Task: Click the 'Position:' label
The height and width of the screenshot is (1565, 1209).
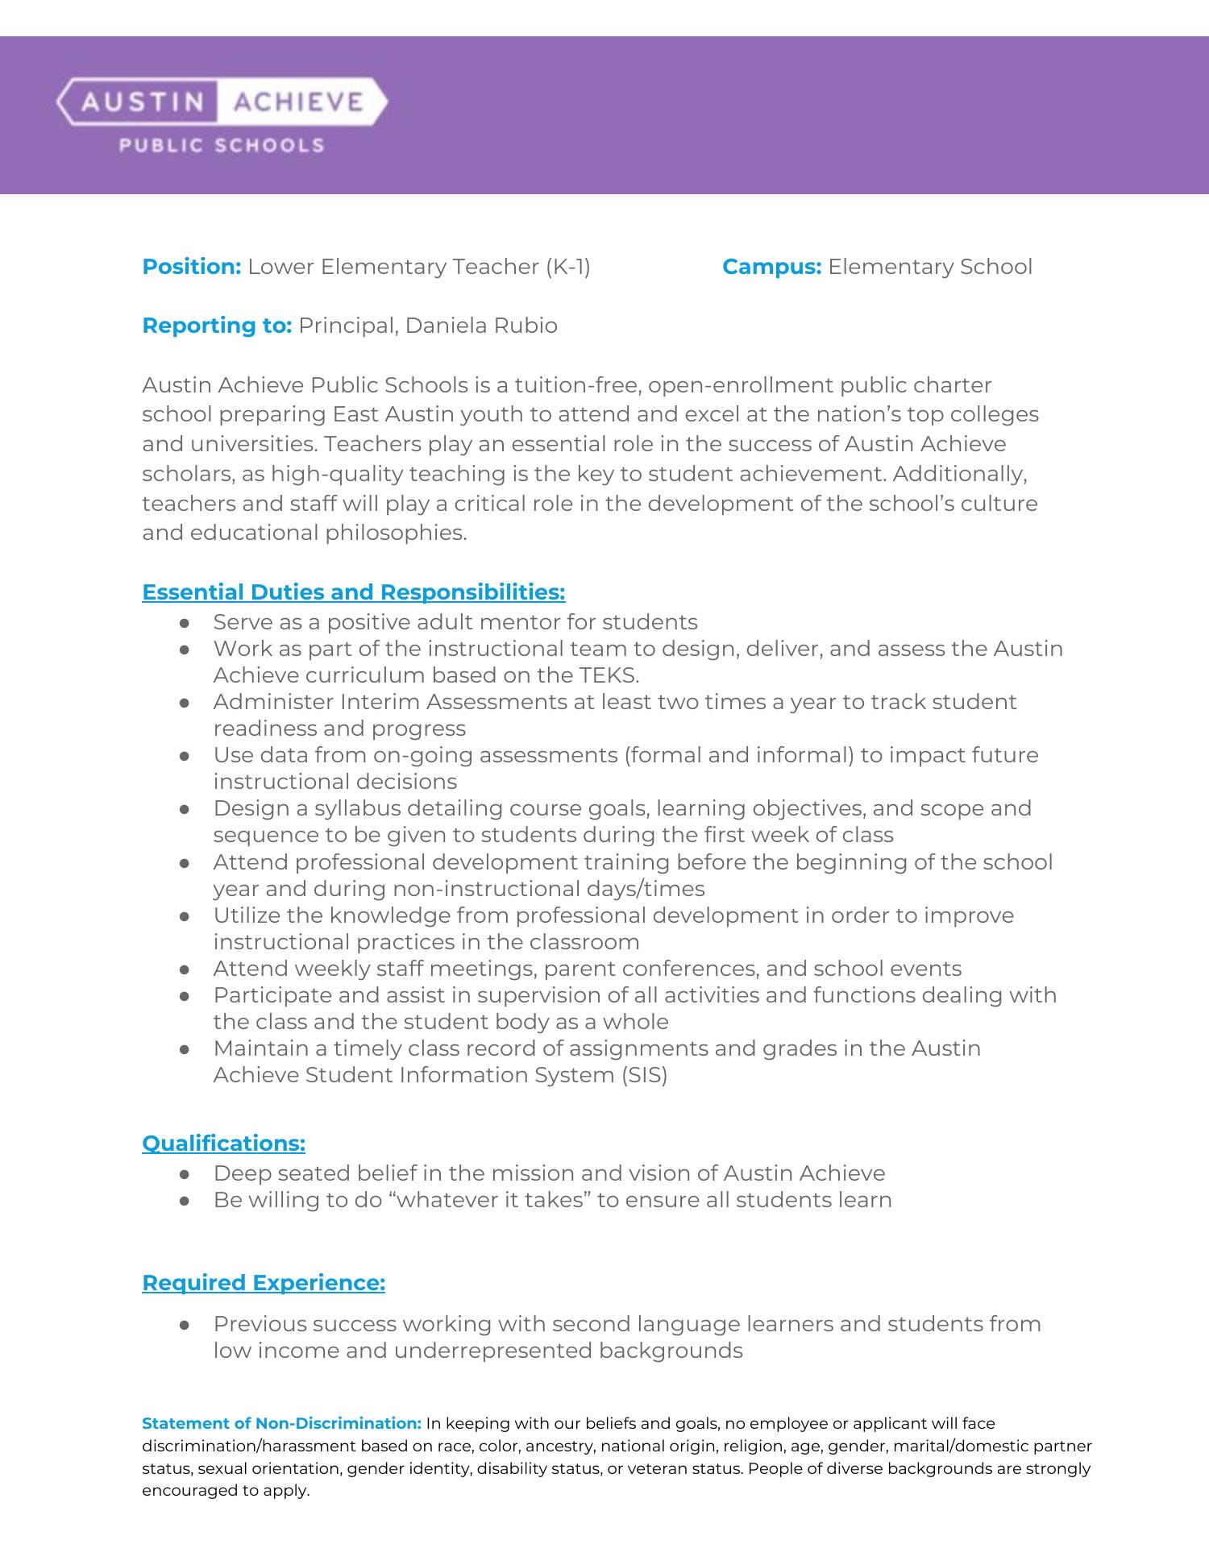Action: point(191,267)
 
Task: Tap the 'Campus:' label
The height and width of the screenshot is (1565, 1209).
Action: point(771,267)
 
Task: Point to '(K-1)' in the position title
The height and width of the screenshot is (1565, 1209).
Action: point(567,267)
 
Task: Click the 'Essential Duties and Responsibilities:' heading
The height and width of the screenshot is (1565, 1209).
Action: point(353,592)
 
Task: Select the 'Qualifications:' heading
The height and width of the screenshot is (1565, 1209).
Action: point(223,1144)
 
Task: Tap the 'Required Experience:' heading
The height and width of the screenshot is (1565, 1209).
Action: point(263,1283)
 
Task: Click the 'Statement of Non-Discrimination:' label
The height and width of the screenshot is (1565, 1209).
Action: point(281,1423)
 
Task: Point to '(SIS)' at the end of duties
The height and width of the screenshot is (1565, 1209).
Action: point(644,1075)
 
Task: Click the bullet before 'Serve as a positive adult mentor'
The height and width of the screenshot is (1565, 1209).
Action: point(185,623)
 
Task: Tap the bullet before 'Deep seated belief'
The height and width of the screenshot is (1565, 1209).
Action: point(185,1174)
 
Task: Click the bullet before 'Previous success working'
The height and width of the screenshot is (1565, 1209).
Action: point(185,1325)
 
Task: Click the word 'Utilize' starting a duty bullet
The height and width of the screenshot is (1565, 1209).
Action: point(254,915)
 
